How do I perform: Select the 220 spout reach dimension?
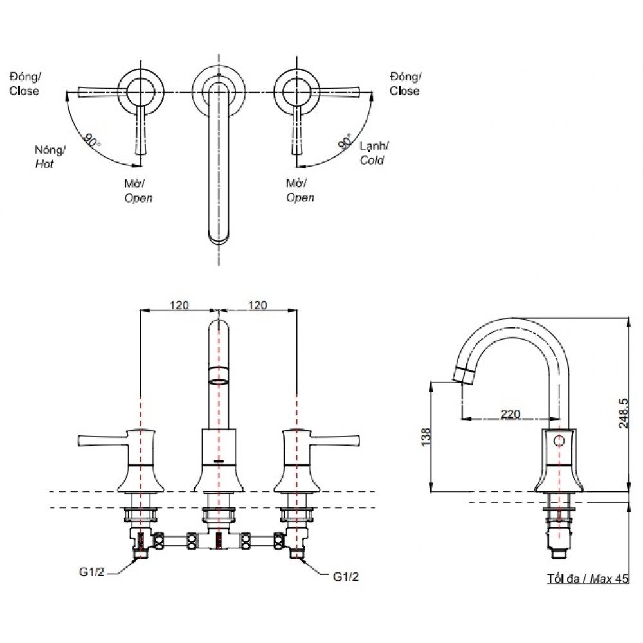(510, 414)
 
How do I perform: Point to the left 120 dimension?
(179, 305)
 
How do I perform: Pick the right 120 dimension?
(257, 305)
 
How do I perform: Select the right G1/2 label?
(346, 577)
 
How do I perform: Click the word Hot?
(44, 164)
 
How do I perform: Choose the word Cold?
(372, 160)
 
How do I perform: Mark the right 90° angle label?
(345, 141)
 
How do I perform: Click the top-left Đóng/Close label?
(24, 84)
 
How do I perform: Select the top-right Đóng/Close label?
(405, 84)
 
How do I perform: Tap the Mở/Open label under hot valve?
(138, 190)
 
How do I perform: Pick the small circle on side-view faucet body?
(559, 441)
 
